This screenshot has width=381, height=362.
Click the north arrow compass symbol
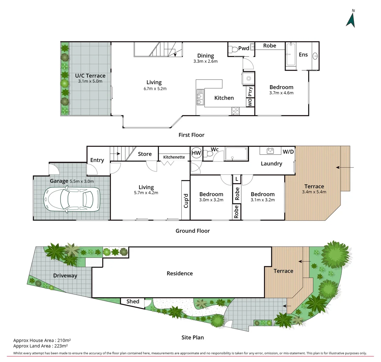coord(351,19)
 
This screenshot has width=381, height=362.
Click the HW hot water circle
coord(196,153)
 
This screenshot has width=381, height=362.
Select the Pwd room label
coord(244,48)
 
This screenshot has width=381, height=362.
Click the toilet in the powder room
coord(234,50)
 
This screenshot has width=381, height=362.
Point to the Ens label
coord(303,55)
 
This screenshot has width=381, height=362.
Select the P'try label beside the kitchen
coord(250,92)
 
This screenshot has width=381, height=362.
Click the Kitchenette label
coord(174,157)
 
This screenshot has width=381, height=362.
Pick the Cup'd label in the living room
coord(186,200)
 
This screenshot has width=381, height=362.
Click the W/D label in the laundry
coord(288,152)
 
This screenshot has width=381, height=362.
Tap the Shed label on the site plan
coord(132,301)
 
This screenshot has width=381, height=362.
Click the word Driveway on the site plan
coord(65,276)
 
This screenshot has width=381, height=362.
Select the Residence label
coord(180,273)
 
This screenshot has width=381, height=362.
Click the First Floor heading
coord(191,135)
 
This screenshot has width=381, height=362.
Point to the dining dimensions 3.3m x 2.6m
coord(205,61)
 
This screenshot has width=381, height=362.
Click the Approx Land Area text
coord(40,346)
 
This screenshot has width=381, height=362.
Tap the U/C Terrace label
coord(90,76)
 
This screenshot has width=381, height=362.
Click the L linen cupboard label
coord(237,179)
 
